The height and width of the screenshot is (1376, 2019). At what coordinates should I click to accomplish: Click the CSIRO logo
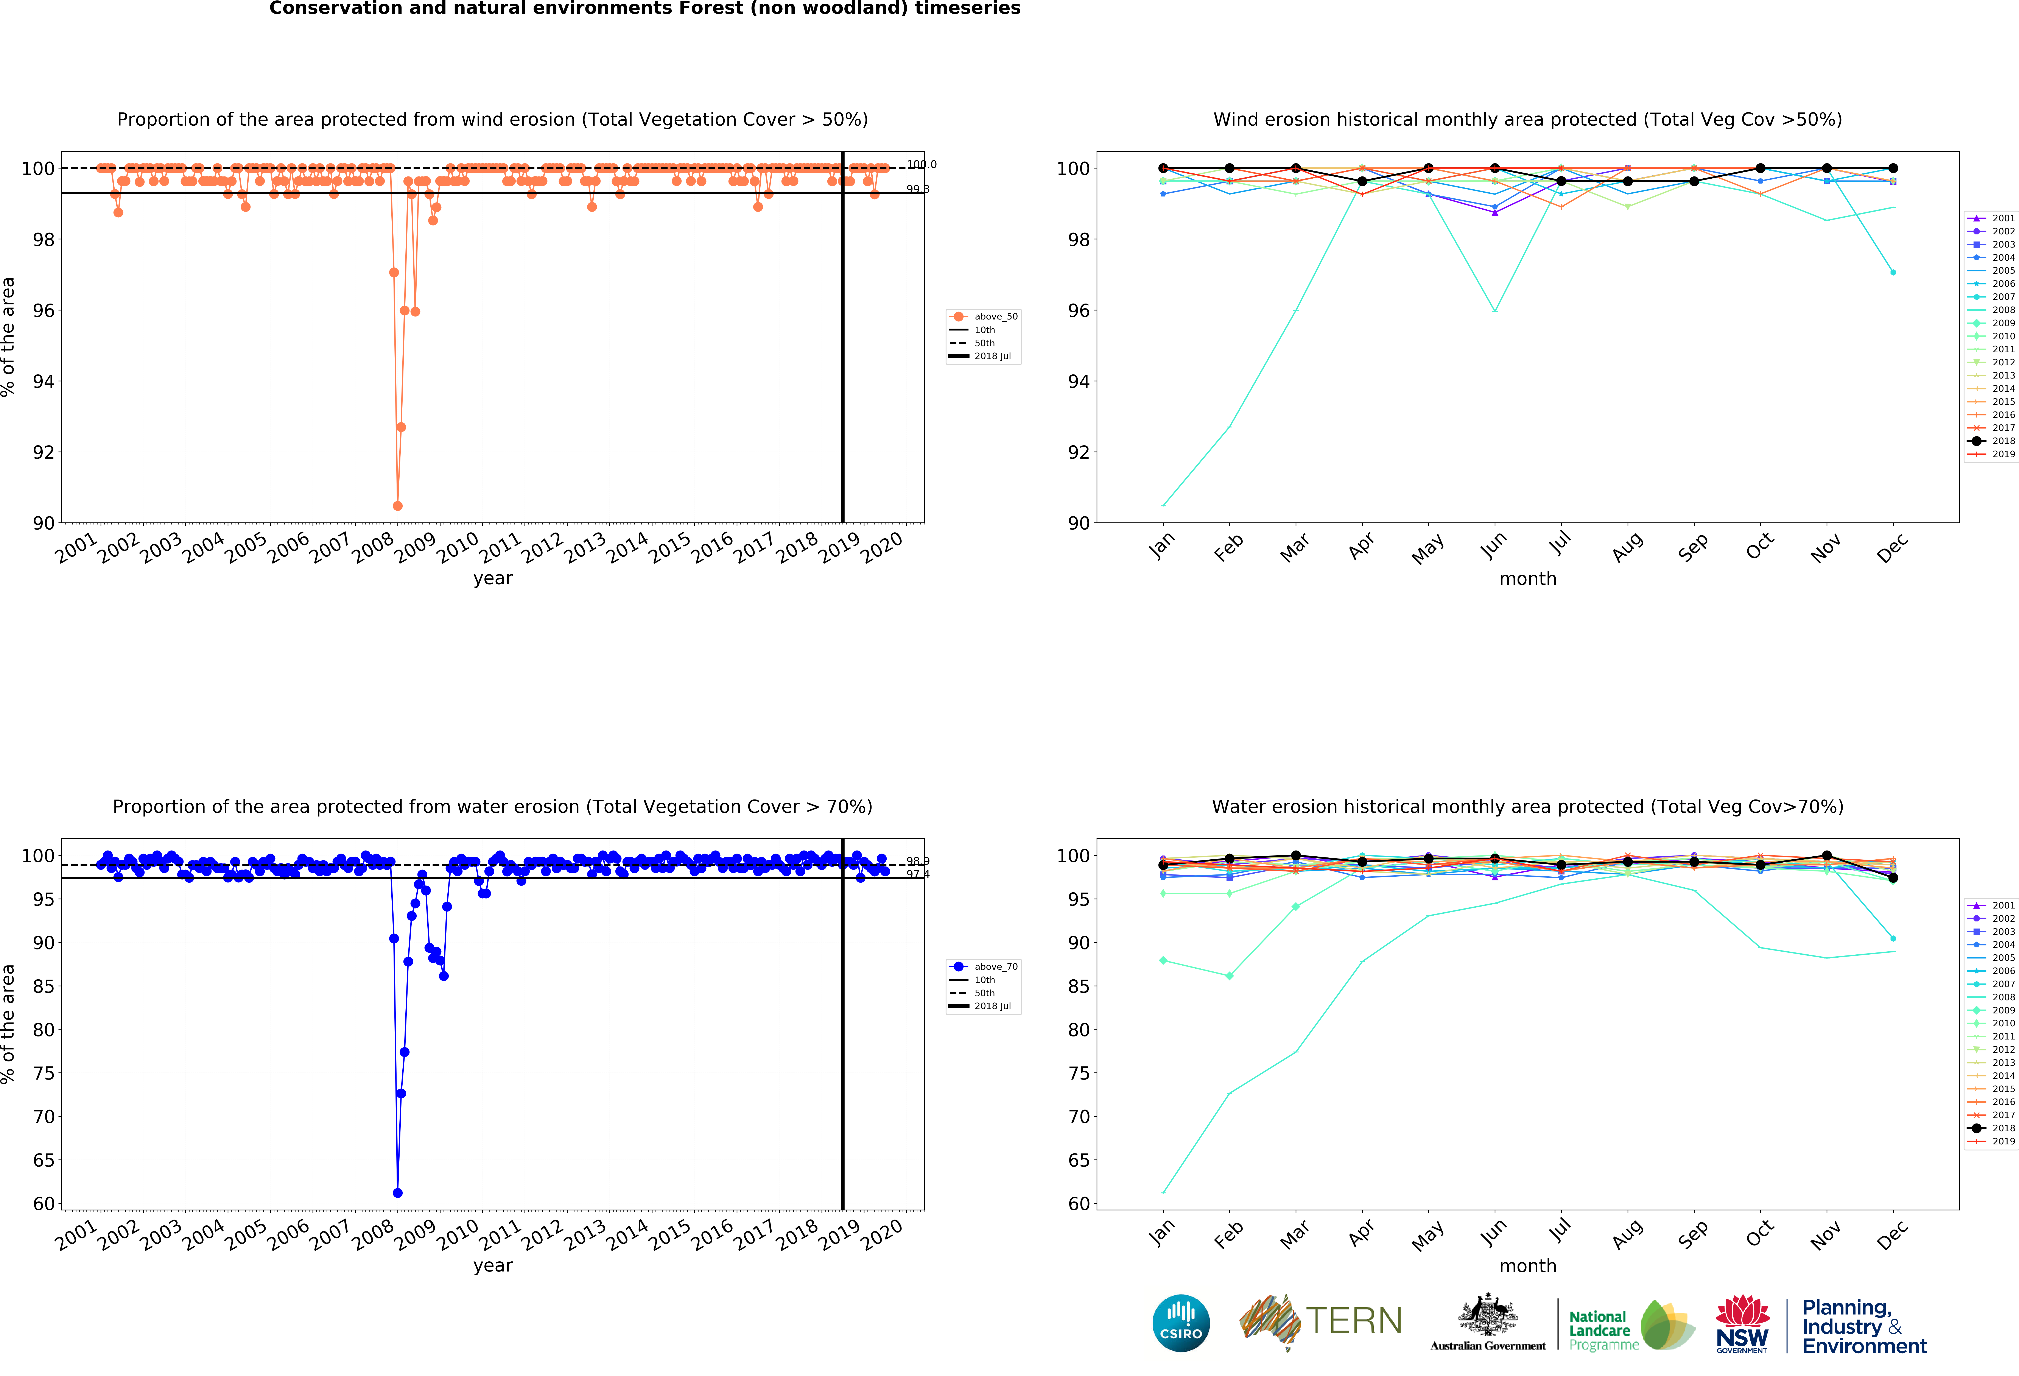[1181, 1323]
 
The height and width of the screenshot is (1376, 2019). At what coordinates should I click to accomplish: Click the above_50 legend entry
[984, 316]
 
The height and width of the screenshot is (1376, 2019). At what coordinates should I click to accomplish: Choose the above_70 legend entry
[984, 966]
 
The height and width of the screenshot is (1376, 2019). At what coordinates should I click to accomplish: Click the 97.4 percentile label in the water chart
[917, 874]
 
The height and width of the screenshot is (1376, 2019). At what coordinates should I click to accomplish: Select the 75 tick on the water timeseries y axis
[44, 1073]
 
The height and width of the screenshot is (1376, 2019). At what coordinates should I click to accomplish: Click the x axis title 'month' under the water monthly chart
[1527, 1266]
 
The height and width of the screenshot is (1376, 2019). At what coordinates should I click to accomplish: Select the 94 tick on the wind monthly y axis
[1078, 381]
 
